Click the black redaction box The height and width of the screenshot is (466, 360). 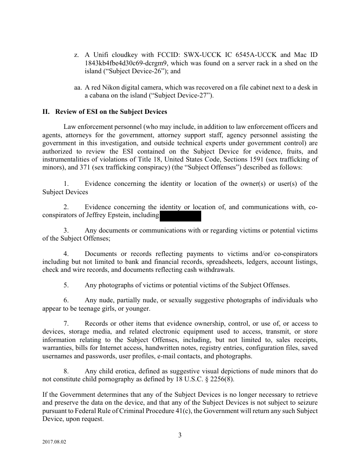point(180,216)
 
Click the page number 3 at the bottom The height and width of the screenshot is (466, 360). point(180,435)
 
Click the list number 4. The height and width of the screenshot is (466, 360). point(66,254)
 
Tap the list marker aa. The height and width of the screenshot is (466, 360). point(78,87)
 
